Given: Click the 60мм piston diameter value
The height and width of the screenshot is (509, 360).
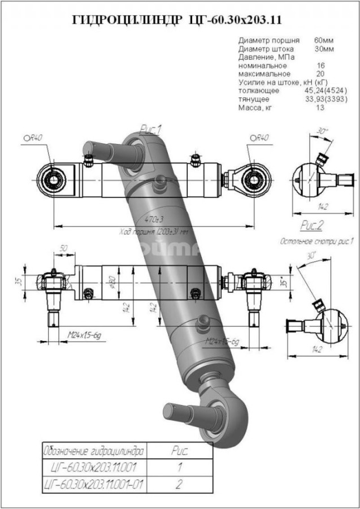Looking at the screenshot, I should point(324,41).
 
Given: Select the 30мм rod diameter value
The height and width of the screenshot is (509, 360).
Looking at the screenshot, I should point(324,49).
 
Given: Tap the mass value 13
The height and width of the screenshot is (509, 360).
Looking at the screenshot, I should point(320,107).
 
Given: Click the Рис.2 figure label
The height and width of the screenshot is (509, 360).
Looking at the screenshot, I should point(311,226).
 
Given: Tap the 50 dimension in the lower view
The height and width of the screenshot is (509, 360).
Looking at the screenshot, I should point(63,249).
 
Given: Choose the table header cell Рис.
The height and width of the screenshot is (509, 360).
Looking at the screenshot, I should point(180,451).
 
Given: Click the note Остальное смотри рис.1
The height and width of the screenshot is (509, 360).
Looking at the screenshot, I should point(317,241).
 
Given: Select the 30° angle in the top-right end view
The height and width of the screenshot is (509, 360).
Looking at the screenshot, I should point(323,131).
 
